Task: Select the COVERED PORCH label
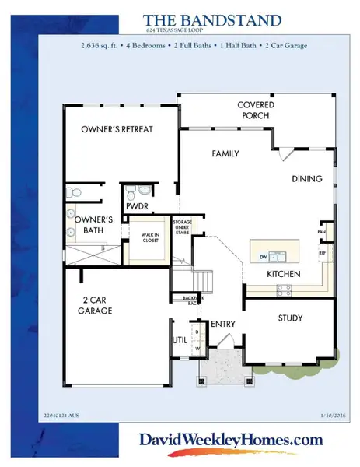pyautogui.click(x=254, y=110)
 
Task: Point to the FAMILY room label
pyautogui.click(x=225, y=153)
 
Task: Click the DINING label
pyautogui.click(x=306, y=179)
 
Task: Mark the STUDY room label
pyautogui.click(x=290, y=318)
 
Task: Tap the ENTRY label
pyautogui.click(x=223, y=324)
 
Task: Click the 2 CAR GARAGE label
pyautogui.click(x=98, y=305)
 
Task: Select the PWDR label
pyautogui.click(x=137, y=207)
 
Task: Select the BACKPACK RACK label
pyautogui.click(x=191, y=299)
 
